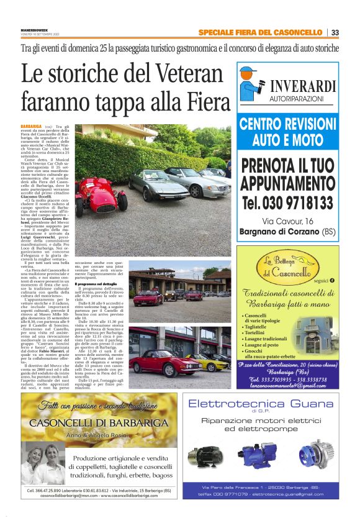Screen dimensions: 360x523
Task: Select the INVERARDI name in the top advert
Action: coord(306,86)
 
